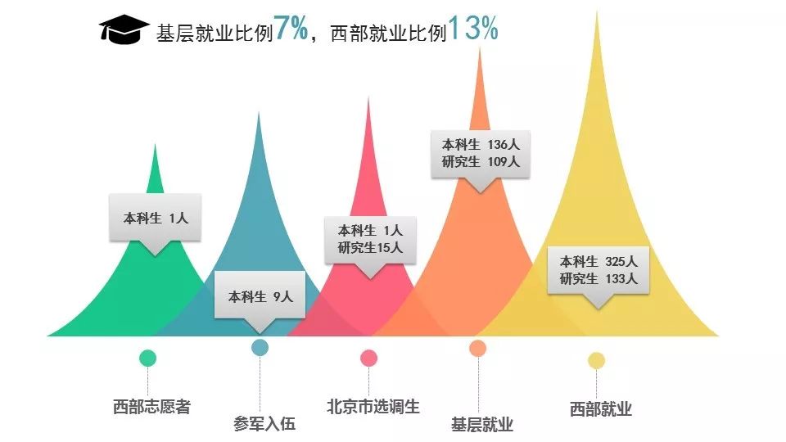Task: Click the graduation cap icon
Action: coord(124,29)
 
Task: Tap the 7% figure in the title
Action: coord(291,29)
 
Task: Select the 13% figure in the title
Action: coord(472,29)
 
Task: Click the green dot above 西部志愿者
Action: coord(147,358)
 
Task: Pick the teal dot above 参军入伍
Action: coord(260,347)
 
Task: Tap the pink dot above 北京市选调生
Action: coord(369,358)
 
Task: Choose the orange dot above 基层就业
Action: coord(478,349)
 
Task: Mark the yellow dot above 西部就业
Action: coord(596,360)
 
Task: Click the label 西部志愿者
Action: coord(151,407)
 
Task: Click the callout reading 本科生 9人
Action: coord(260,297)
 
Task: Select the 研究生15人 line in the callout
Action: coord(370,247)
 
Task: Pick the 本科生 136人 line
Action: coord(481,145)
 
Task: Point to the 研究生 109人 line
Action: coord(481,162)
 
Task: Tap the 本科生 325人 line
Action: coord(599,262)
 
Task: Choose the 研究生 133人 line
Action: coord(599,279)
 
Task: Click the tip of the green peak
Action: coord(156,146)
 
